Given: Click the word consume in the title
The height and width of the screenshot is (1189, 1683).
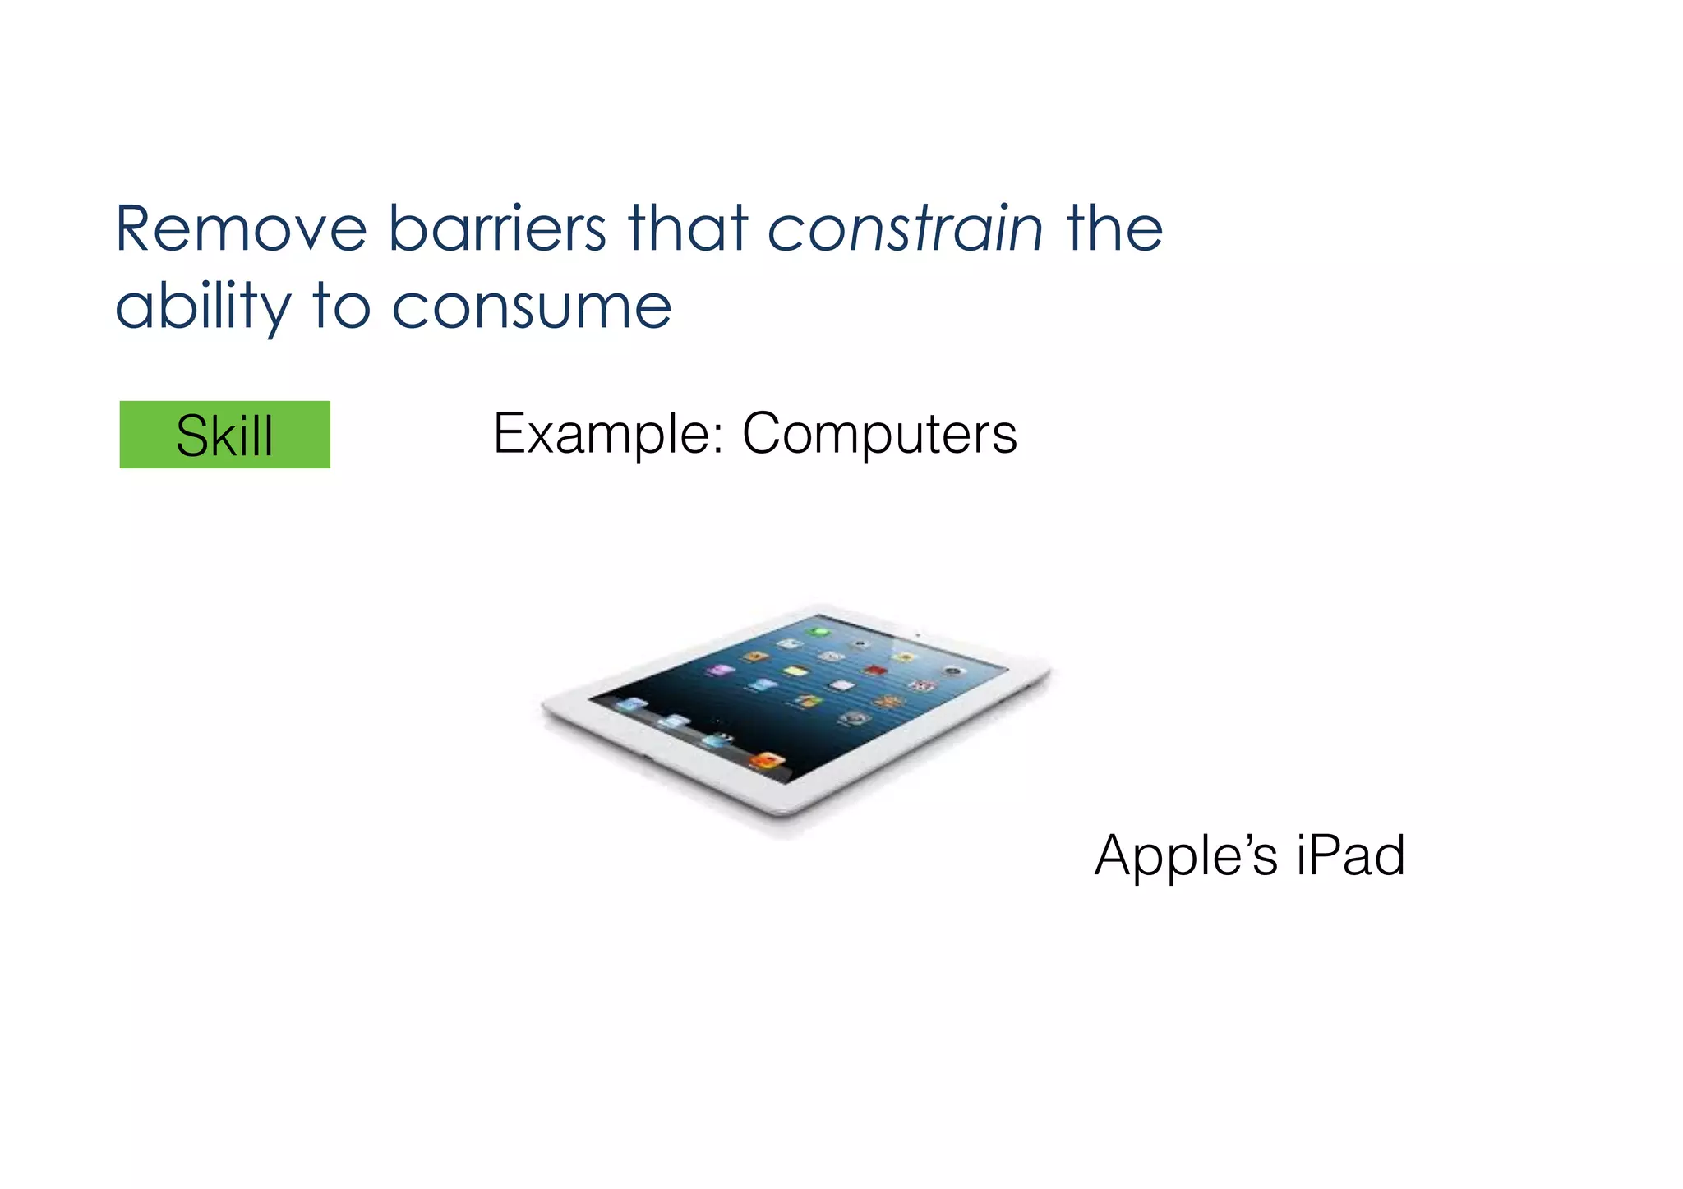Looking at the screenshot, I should pos(532,306).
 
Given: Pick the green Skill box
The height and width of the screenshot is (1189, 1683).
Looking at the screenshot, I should pos(224,435).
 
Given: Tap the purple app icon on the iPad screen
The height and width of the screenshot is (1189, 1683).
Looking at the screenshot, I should pos(721,671).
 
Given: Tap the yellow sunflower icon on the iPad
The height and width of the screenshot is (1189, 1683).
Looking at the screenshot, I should pos(904,657).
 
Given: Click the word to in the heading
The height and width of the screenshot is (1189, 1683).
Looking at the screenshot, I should pos(340,306).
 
